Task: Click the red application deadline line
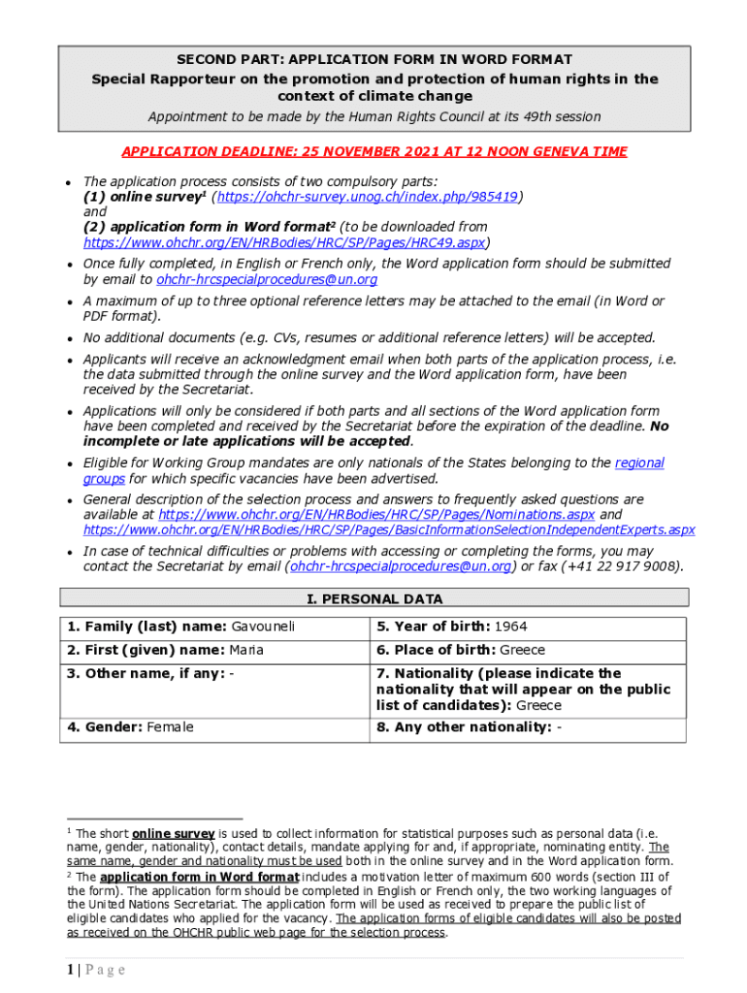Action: click(373, 151)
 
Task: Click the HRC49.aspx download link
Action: click(286, 242)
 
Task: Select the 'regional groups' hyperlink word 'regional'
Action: click(639, 464)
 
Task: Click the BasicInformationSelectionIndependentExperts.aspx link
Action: click(388, 530)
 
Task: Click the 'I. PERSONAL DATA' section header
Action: click(373, 599)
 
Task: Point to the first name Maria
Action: click(246, 651)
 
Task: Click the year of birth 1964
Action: click(510, 627)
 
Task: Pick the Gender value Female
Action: click(170, 727)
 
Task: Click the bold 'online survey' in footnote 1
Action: click(173, 834)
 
